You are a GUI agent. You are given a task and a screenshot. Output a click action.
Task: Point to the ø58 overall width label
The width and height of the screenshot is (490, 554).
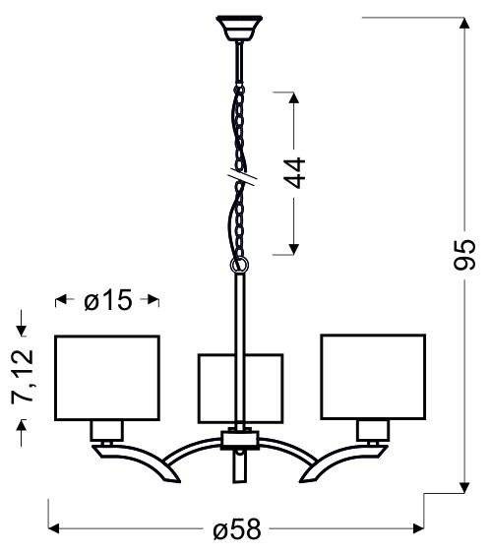click(x=236, y=529)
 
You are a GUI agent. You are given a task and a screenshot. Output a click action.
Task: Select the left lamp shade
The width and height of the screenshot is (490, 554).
click(x=106, y=376)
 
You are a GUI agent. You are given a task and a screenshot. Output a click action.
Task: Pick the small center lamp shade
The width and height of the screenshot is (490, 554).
click(x=240, y=387)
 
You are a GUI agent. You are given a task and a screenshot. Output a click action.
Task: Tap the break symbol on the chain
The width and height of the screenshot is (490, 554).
click(x=239, y=177)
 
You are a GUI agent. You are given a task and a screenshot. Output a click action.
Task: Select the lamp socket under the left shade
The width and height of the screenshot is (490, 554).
click(x=106, y=429)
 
